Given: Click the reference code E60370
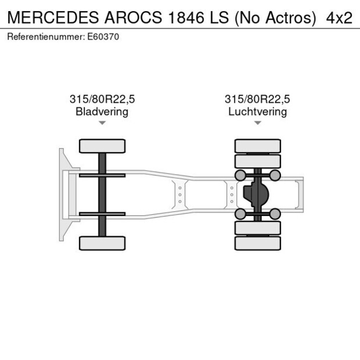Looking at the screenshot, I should pyautogui.click(x=103, y=37).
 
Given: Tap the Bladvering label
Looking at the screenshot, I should pyautogui.click(x=102, y=111).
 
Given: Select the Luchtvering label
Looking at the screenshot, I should pyautogui.click(x=257, y=111).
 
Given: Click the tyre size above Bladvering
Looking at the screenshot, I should pyautogui.click(x=102, y=99).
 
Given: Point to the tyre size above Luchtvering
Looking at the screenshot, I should pyautogui.click(x=257, y=99).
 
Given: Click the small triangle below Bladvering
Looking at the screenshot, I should pyautogui.click(x=102, y=123).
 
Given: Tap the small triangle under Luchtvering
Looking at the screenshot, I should pyautogui.click(x=257, y=123).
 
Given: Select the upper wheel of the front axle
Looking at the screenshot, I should pyautogui.click(x=102, y=146).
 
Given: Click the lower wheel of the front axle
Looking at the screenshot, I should pyautogui.click(x=102, y=243).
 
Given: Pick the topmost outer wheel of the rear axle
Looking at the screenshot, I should pyautogui.click(x=257, y=146).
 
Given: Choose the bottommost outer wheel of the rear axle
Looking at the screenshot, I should pyautogui.click(x=257, y=243).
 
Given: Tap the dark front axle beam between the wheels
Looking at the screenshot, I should pyautogui.click(x=102, y=195).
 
